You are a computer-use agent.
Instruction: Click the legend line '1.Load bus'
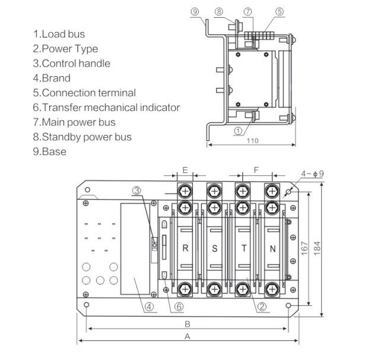[x=59, y=34]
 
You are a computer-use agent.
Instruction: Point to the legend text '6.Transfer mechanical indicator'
[x=106, y=108]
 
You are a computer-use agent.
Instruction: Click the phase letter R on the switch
[x=186, y=249]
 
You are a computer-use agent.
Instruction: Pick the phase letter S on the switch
[x=214, y=249]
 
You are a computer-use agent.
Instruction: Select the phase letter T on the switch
[x=243, y=249]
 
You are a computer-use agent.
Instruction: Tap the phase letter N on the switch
[x=272, y=249]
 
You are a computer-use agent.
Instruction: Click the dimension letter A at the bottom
[x=188, y=337]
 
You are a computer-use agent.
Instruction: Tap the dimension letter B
[x=188, y=324]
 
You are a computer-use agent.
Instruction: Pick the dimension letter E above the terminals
[x=185, y=170]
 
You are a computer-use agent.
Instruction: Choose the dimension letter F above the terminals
[x=256, y=170]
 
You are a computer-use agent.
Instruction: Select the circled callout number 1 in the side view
[x=237, y=129]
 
